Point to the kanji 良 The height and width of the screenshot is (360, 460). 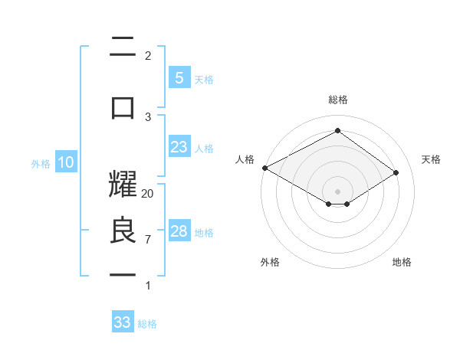click(123, 232)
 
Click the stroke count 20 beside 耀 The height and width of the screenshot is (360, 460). click(148, 194)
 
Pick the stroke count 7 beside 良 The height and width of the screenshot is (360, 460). click(148, 240)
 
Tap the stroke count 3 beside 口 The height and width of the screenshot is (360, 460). click(148, 116)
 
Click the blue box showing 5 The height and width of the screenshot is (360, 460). click(179, 78)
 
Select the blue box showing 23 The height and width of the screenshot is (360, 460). click(179, 147)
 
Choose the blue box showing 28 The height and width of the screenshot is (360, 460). click(179, 231)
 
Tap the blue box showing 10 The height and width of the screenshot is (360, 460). click(65, 162)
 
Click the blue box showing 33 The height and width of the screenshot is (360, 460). click(122, 322)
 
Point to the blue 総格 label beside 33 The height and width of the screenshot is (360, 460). click(147, 324)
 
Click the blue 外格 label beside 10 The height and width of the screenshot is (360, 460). click(41, 163)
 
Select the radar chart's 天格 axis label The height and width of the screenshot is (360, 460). click(431, 159)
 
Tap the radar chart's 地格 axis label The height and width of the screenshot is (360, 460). click(402, 262)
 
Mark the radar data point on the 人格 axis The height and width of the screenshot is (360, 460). click(264, 168)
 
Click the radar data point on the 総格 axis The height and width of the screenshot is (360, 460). click(337, 131)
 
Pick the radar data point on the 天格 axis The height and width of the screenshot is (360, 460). click(396, 172)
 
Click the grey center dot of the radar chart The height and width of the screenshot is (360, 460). click(337, 191)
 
